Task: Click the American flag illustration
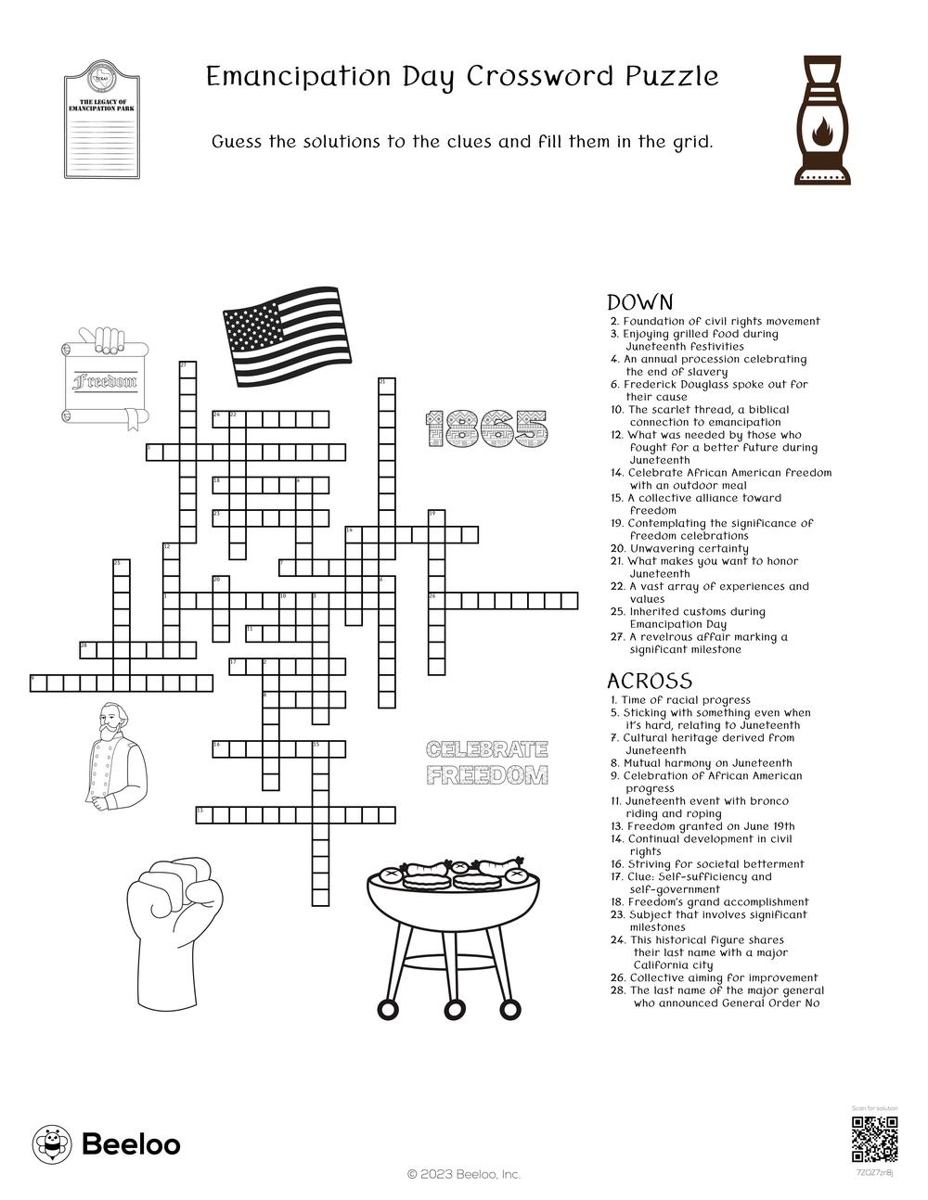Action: (288, 337)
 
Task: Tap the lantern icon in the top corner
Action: (822, 120)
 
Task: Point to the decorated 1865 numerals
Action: (487, 428)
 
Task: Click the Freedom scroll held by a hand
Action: (104, 380)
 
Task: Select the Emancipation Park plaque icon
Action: (101, 120)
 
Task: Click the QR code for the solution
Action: (875, 1140)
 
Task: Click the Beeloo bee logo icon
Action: (52, 1144)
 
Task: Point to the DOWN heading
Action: (639, 302)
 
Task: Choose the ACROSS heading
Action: (649, 681)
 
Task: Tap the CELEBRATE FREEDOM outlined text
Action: (486, 762)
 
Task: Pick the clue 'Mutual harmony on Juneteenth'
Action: (707, 763)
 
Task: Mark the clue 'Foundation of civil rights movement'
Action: (721, 321)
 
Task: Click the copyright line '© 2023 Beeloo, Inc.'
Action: (464, 1174)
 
